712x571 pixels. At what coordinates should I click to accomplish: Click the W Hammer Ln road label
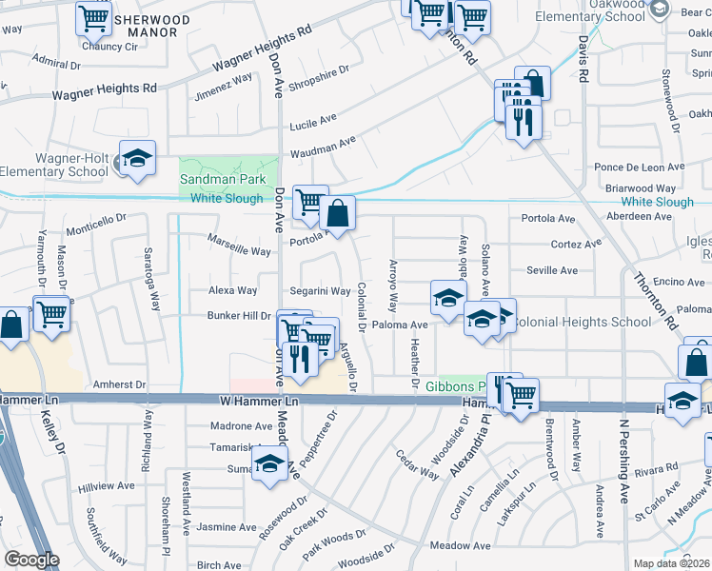point(259,403)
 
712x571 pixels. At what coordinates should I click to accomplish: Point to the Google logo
point(31,560)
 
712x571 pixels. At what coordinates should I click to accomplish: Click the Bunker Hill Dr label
point(239,315)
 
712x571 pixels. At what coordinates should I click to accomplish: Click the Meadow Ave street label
point(460,545)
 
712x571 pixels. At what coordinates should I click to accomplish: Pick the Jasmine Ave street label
point(227,526)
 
